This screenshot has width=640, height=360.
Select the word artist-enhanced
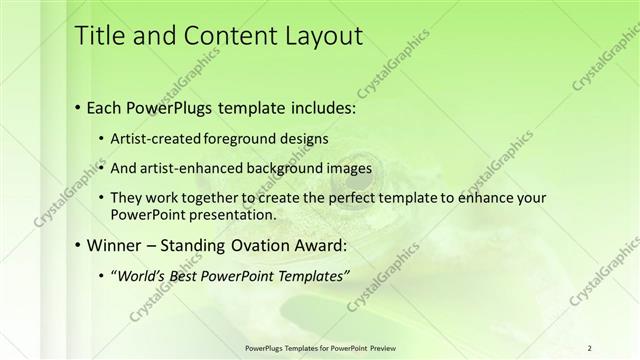[x=199, y=168]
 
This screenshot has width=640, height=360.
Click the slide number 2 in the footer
[x=589, y=347]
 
